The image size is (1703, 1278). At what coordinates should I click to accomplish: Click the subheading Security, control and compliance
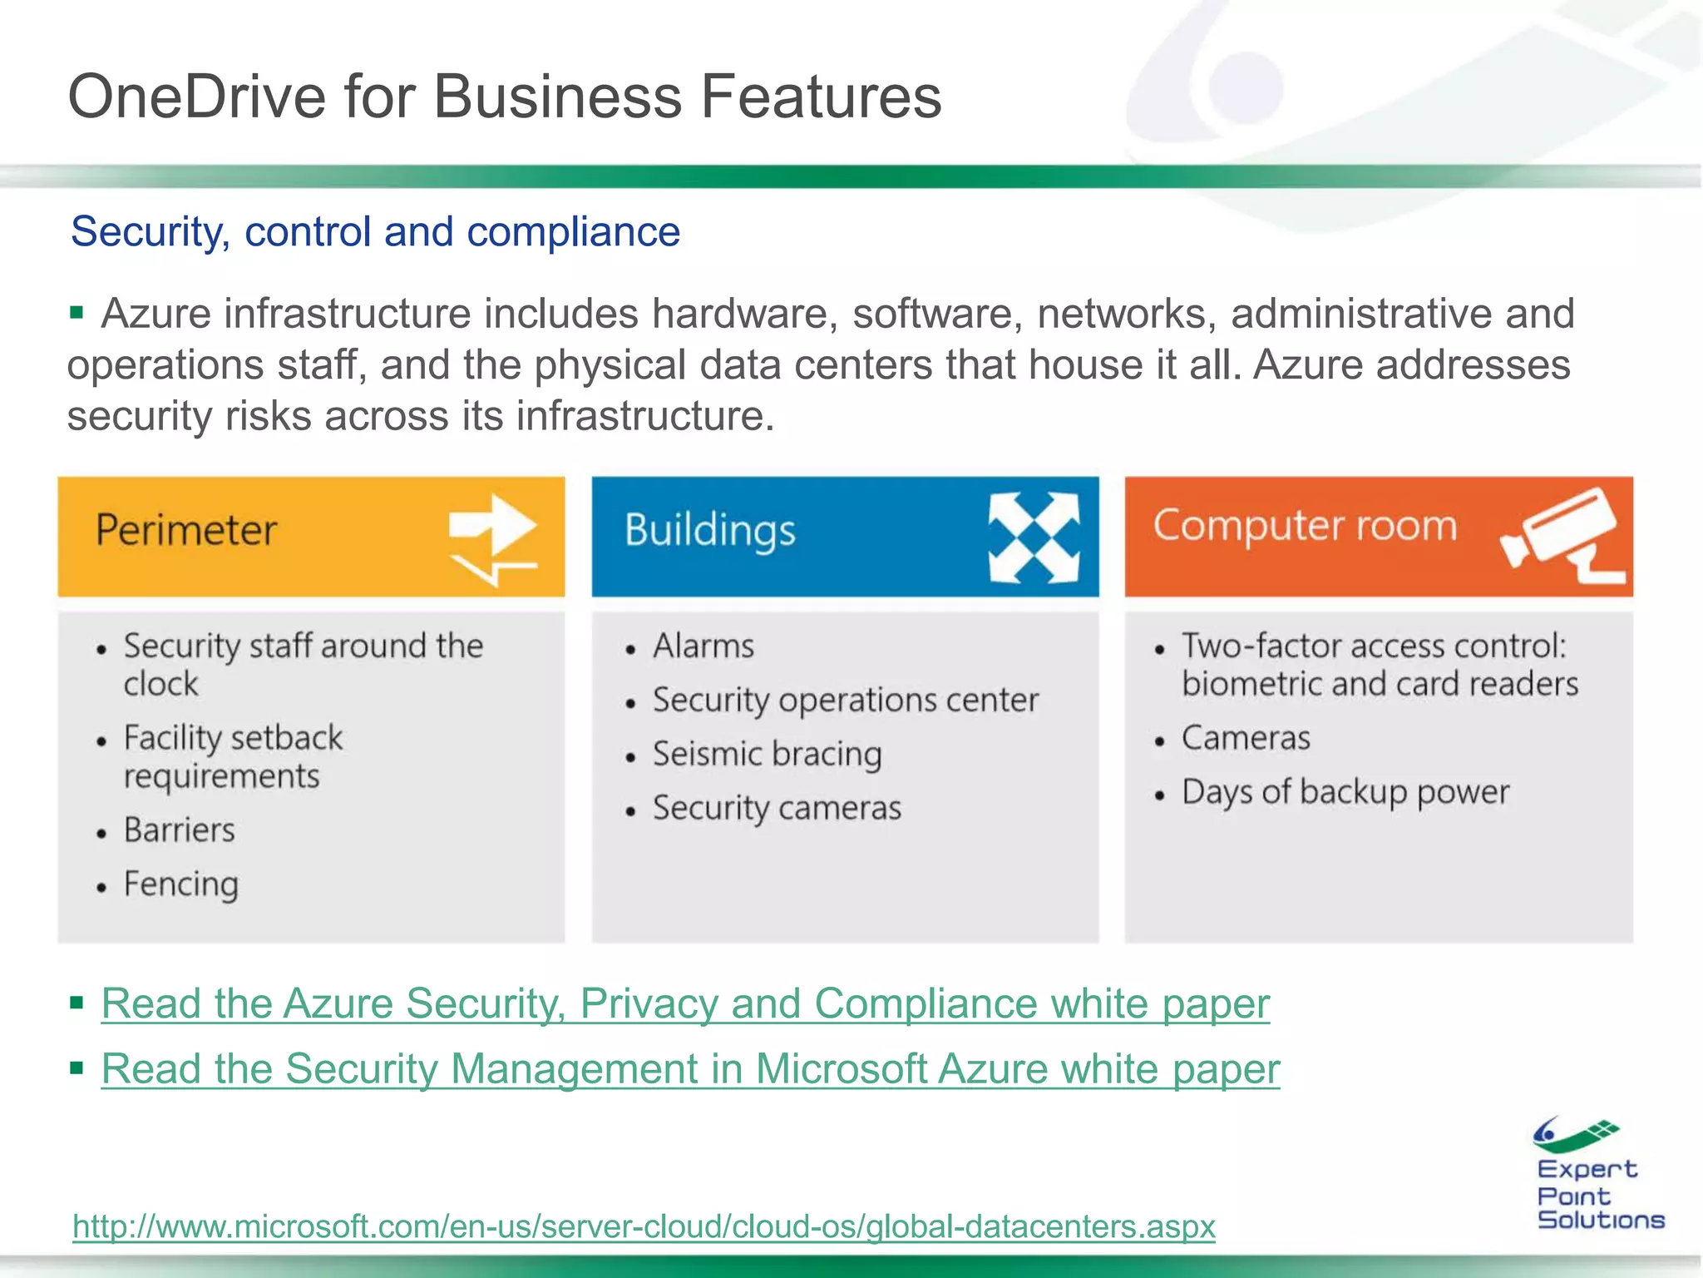coord(375,231)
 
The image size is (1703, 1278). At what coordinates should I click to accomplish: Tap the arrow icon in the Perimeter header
coord(492,537)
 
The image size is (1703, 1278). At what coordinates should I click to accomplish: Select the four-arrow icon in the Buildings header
coord(1034,537)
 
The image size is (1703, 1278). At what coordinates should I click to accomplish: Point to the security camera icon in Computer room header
coord(1562,536)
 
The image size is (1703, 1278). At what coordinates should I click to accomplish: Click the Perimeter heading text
coord(186,531)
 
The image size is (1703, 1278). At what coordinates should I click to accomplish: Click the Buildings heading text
coord(710,531)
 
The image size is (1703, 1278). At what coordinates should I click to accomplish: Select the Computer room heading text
coord(1305,526)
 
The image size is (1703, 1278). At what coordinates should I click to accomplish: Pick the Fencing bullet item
coord(181,884)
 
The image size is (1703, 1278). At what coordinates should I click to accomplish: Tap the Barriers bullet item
coord(180,830)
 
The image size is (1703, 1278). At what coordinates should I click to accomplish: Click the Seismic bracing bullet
coord(767,755)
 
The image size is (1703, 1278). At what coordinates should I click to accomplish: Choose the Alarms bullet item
coord(703,646)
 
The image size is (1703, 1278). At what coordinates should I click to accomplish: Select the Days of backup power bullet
coord(1345,792)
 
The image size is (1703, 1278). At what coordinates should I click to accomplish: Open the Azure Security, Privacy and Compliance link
coord(685,1003)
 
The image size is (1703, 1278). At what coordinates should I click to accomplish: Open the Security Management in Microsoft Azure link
coord(690,1069)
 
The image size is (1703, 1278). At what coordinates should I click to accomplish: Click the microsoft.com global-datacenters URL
coord(644,1226)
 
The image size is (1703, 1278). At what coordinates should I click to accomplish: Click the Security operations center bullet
coord(845,701)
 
